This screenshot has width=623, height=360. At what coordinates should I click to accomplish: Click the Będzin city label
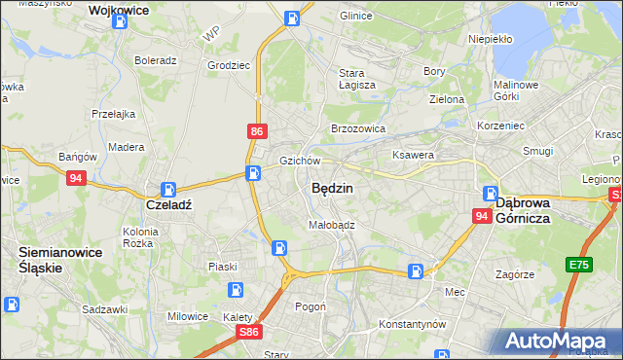click(332, 189)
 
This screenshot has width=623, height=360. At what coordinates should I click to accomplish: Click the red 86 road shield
click(255, 131)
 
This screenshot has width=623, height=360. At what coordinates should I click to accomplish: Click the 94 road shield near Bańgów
click(76, 178)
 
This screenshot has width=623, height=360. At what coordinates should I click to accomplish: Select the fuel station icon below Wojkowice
click(120, 18)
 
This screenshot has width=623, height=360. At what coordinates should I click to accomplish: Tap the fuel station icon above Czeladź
click(168, 190)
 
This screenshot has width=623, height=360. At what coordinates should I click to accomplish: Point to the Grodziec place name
click(225, 66)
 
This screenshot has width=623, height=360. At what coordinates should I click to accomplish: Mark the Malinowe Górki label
click(516, 90)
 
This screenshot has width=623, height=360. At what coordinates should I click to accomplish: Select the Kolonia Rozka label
click(138, 237)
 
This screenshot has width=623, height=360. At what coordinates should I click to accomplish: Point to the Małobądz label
click(332, 224)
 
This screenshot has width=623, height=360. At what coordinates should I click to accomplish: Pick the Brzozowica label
click(358, 128)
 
